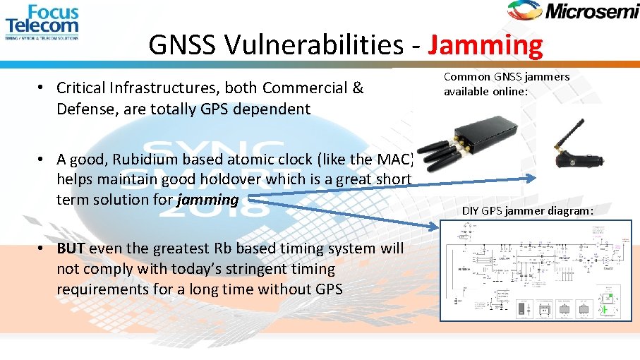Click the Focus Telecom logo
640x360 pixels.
coord(42,22)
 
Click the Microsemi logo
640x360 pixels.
coord(572,11)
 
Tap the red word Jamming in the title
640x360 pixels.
coord(485,46)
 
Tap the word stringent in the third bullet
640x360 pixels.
coord(301,269)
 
